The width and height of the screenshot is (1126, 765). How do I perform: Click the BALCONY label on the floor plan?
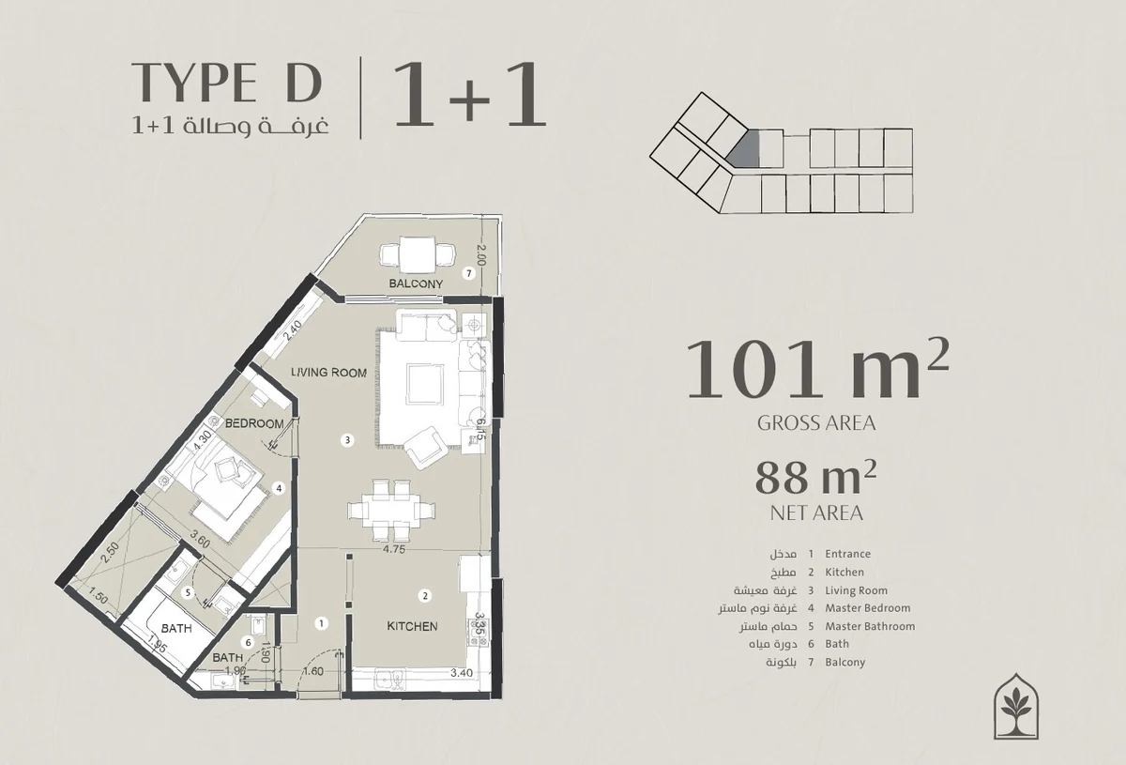pyautogui.click(x=416, y=283)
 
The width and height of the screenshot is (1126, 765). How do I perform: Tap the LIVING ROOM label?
pyautogui.click(x=328, y=373)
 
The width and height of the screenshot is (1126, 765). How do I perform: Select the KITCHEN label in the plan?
pyautogui.click(x=412, y=626)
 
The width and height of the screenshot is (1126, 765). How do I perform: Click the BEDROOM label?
pyautogui.click(x=254, y=423)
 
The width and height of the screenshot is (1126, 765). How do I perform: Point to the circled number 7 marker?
pyautogui.click(x=469, y=273)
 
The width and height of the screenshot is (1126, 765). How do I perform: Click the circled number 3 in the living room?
pyautogui.click(x=347, y=440)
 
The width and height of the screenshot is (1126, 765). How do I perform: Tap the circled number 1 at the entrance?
pyautogui.click(x=321, y=623)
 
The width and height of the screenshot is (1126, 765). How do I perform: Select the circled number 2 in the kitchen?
pyautogui.click(x=425, y=596)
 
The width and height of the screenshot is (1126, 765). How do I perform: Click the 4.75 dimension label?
pyautogui.click(x=393, y=549)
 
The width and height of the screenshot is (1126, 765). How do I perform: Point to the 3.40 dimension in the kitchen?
pyautogui.click(x=462, y=673)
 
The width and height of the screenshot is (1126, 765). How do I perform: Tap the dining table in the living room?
pyautogui.click(x=391, y=511)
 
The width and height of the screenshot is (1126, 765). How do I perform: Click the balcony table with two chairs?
pyautogui.click(x=418, y=255)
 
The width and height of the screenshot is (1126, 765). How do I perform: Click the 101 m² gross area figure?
pyautogui.click(x=817, y=370)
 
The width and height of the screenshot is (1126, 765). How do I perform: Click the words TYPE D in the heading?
pyautogui.click(x=226, y=82)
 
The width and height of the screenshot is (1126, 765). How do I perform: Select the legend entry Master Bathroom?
pyautogui.click(x=870, y=626)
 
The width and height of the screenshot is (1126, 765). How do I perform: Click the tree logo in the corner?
pyautogui.click(x=1016, y=706)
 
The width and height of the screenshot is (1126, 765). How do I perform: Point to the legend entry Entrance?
pyautogui.click(x=847, y=554)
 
